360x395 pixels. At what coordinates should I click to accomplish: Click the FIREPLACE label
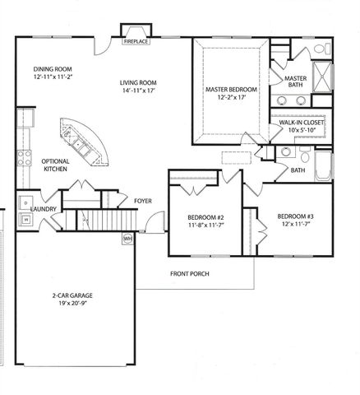(135, 40)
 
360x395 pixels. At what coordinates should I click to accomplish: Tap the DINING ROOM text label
(53, 69)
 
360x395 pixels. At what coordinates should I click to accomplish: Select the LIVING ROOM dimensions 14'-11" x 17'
(139, 92)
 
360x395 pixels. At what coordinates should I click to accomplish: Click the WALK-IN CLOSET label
(302, 122)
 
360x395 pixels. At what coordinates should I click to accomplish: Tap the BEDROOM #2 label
(195, 217)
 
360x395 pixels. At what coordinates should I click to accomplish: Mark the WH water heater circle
(127, 239)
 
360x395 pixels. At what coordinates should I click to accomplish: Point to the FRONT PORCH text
(191, 273)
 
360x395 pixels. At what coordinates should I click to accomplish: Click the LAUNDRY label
(42, 209)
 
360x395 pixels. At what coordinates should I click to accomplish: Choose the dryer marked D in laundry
(26, 202)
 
